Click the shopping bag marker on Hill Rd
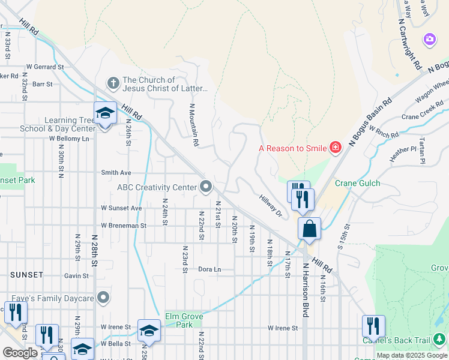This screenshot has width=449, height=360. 309,229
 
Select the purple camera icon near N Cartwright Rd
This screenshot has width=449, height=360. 429,40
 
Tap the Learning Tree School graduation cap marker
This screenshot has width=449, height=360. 104,113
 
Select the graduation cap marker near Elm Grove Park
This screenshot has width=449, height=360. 149,330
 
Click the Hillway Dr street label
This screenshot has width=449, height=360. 271,205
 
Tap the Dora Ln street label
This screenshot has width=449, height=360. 209,269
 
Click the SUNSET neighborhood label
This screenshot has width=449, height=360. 26,275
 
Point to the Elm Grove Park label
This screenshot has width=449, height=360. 184,320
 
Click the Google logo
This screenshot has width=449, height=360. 20,353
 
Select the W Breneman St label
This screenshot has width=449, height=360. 124,226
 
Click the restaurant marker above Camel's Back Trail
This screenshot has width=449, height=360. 373,327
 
